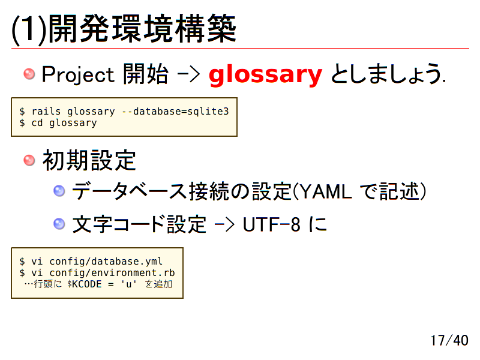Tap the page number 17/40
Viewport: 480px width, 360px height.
449,340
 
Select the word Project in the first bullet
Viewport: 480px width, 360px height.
78,75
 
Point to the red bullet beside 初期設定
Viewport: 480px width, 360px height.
29,160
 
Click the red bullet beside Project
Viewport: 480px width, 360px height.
29,74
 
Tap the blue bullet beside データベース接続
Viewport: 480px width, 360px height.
59,191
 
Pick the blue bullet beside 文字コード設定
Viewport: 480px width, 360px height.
59,224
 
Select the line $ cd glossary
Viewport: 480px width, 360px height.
58,123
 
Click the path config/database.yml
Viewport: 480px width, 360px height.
106,262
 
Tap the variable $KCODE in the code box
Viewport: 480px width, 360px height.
84,284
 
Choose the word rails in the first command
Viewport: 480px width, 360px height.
46,112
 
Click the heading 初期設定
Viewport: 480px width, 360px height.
89,161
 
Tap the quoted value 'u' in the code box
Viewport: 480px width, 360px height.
128,284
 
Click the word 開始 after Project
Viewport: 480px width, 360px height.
145,75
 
